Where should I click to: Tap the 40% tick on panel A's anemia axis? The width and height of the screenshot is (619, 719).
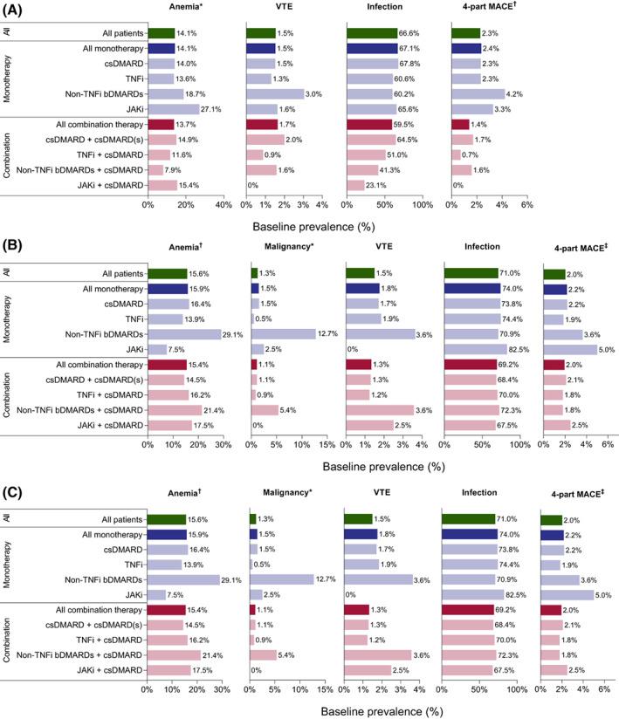pos(223,229)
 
